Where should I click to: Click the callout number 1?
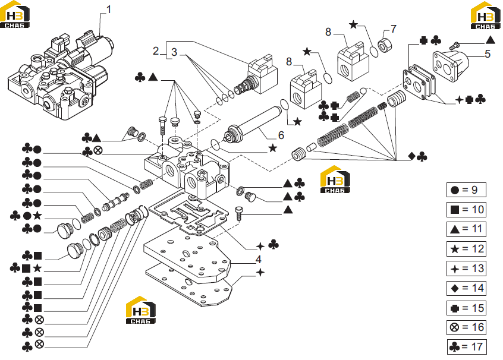click(x=109, y=10)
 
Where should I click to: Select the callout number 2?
click(x=156, y=50)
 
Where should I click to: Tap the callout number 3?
click(x=174, y=52)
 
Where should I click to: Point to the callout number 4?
click(x=259, y=259)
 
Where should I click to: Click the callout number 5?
click(x=488, y=54)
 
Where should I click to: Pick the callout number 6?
click(x=281, y=135)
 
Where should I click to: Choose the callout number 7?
click(x=394, y=29)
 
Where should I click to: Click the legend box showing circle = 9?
click(x=466, y=190)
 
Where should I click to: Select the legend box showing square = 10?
click(x=466, y=210)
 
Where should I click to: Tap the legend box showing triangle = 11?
click(x=466, y=229)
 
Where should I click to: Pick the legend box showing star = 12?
click(x=466, y=249)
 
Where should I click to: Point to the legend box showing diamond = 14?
click(x=466, y=288)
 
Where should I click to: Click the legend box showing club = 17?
click(x=467, y=347)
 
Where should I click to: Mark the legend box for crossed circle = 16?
click(x=466, y=327)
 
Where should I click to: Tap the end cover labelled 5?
click(x=451, y=67)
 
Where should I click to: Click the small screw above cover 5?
click(x=455, y=46)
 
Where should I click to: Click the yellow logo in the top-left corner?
click(x=15, y=14)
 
